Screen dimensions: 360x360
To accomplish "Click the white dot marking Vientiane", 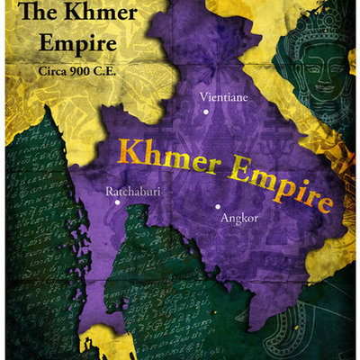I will click(206, 112).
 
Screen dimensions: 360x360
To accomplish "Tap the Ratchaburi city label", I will click(133, 192).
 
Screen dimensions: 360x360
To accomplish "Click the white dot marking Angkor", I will click(217, 206).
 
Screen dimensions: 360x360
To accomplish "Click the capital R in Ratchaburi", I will click(110, 192).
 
